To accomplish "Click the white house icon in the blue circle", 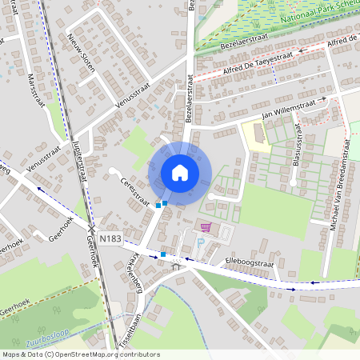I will coord(180,173).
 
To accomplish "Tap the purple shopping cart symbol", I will coord(205,228).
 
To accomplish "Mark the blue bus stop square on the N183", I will coord(162,254).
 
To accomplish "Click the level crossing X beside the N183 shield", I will coord(91,230).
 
